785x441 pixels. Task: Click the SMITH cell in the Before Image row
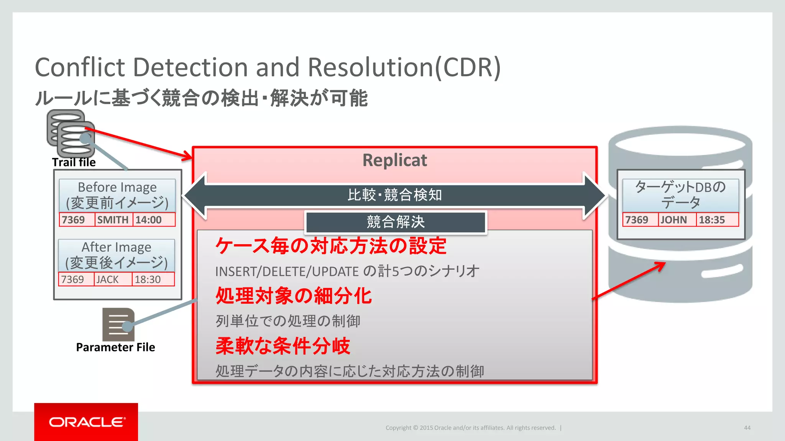[113, 220]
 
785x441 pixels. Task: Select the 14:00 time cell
[153, 220]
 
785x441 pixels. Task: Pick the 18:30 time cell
[153, 279]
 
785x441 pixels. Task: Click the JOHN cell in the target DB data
[676, 220]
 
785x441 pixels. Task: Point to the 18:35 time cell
[716, 220]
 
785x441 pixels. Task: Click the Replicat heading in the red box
[394, 160]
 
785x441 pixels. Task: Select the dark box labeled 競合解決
[396, 222]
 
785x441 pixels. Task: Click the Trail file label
[74, 162]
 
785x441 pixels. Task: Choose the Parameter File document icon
[118, 324]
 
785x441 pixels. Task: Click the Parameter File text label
[115, 347]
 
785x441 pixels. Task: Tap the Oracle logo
[86, 422]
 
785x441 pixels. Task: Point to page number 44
[747, 428]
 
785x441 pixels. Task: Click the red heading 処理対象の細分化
[293, 296]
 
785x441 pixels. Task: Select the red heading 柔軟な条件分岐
[283, 346]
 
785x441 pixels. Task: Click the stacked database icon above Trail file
[71, 134]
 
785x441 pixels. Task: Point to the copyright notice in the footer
[470, 428]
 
